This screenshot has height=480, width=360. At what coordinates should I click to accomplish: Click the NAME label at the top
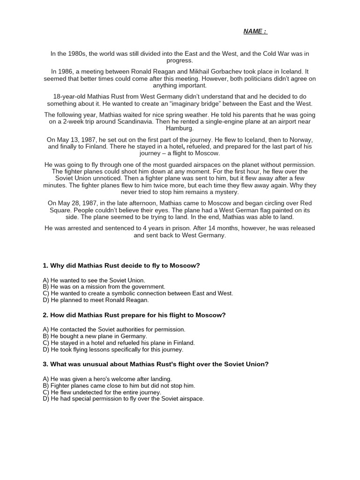pos(255,31)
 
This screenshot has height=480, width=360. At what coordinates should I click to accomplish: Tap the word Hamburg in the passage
pos(180,128)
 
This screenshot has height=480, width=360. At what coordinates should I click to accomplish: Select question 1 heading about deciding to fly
pos(121,266)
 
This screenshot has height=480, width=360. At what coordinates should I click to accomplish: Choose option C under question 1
pos(138,293)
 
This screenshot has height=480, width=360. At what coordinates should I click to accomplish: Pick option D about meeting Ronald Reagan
pos(95,300)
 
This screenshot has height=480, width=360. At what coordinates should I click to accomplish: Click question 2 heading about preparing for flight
pos(134,315)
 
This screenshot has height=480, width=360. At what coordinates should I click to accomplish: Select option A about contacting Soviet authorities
pos(114,330)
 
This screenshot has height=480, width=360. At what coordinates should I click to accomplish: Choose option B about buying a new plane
pos(95,336)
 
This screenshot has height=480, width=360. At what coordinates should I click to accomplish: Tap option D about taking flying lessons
pos(113,349)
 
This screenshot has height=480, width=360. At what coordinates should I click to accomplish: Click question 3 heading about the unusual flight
pos(156,364)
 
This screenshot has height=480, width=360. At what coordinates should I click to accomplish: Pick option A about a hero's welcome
pos(107,379)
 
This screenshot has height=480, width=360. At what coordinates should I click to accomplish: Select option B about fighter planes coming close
pos(119,385)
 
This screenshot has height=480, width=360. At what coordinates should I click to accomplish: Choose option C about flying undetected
pos(102,392)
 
